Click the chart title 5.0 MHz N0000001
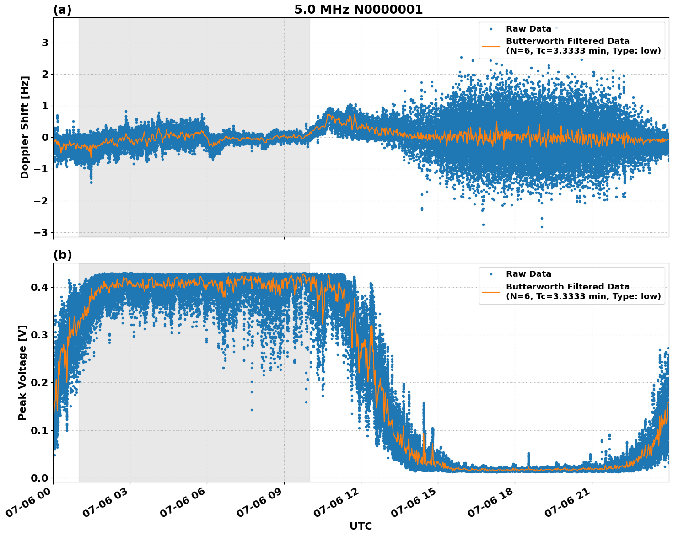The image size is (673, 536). click(358, 10)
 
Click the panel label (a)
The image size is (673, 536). click(62, 10)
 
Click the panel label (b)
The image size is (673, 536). click(62, 255)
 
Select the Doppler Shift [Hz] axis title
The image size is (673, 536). click(25, 127)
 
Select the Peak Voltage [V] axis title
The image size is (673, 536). click(22, 372)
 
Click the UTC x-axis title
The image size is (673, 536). click(361, 526)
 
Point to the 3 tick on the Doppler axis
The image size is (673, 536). click(45, 43)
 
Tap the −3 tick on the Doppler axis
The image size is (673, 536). click(41, 232)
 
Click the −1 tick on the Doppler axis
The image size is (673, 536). click(41, 169)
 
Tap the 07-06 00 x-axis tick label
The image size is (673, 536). click(29, 504)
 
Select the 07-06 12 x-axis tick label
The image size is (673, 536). click(337, 504)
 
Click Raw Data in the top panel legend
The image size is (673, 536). click(528, 29)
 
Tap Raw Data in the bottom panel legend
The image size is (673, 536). click(528, 274)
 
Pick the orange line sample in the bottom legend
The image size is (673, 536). click(491, 291)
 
